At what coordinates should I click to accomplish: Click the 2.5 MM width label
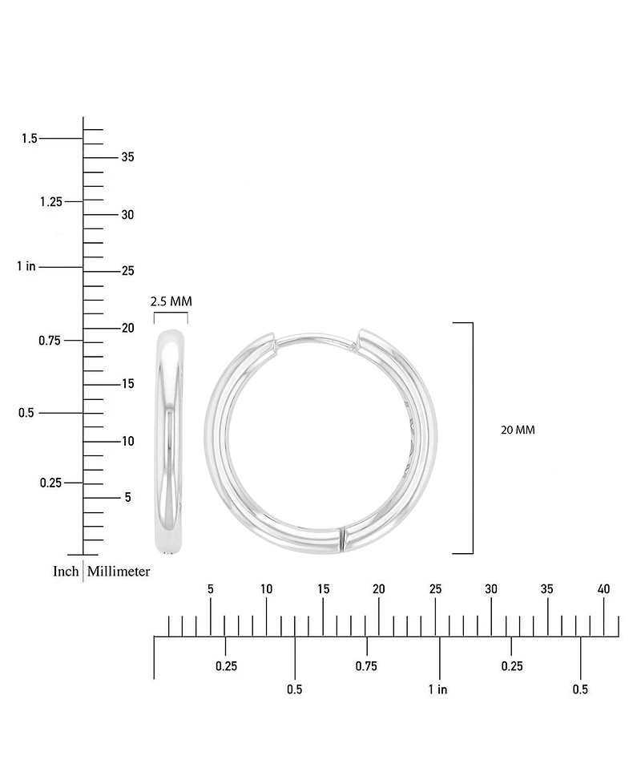171,301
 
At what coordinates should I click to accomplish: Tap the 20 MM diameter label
518,430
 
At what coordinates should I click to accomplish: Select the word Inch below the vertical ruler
66,571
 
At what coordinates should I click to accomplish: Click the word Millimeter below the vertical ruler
119,571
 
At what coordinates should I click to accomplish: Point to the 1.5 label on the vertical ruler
30,138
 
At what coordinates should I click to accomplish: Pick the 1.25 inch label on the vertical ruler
51,201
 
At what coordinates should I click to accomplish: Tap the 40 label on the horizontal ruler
603,589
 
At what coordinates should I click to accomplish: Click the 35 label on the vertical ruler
128,157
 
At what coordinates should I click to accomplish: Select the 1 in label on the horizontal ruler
437,689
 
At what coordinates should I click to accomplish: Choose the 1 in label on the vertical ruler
26,266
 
